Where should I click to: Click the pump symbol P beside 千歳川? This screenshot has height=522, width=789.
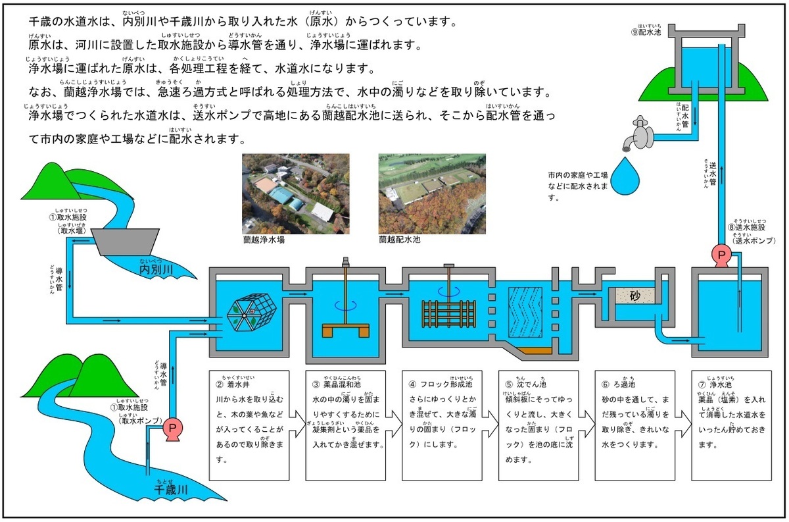(x=172, y=428)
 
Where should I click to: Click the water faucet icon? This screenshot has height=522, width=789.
(x=638, y=132)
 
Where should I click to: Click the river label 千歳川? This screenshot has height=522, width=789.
(x=171, y=490)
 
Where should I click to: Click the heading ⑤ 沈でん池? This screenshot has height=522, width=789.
(x=524, y=384)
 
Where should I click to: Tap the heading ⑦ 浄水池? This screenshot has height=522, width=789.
(x=717, y=384)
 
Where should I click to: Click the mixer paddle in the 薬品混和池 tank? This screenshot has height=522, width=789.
(x=345, y=328)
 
